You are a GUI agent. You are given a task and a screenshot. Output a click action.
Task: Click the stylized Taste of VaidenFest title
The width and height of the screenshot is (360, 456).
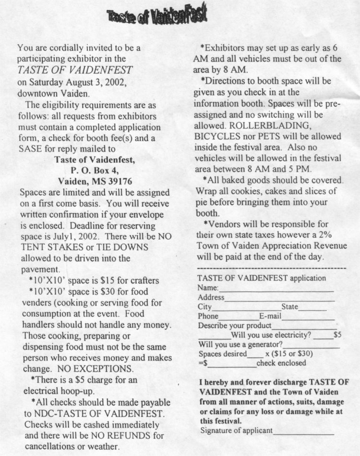pyautogui.click(x=157, y=17)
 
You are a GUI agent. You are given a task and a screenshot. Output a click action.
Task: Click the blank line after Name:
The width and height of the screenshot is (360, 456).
pyautogui.click(x=276, y=290)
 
